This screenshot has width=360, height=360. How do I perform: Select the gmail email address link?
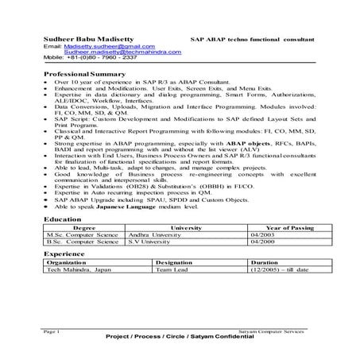coord(96,47)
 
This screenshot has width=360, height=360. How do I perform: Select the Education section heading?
coord(62,217)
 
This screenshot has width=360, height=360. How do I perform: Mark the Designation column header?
coord(176,262)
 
